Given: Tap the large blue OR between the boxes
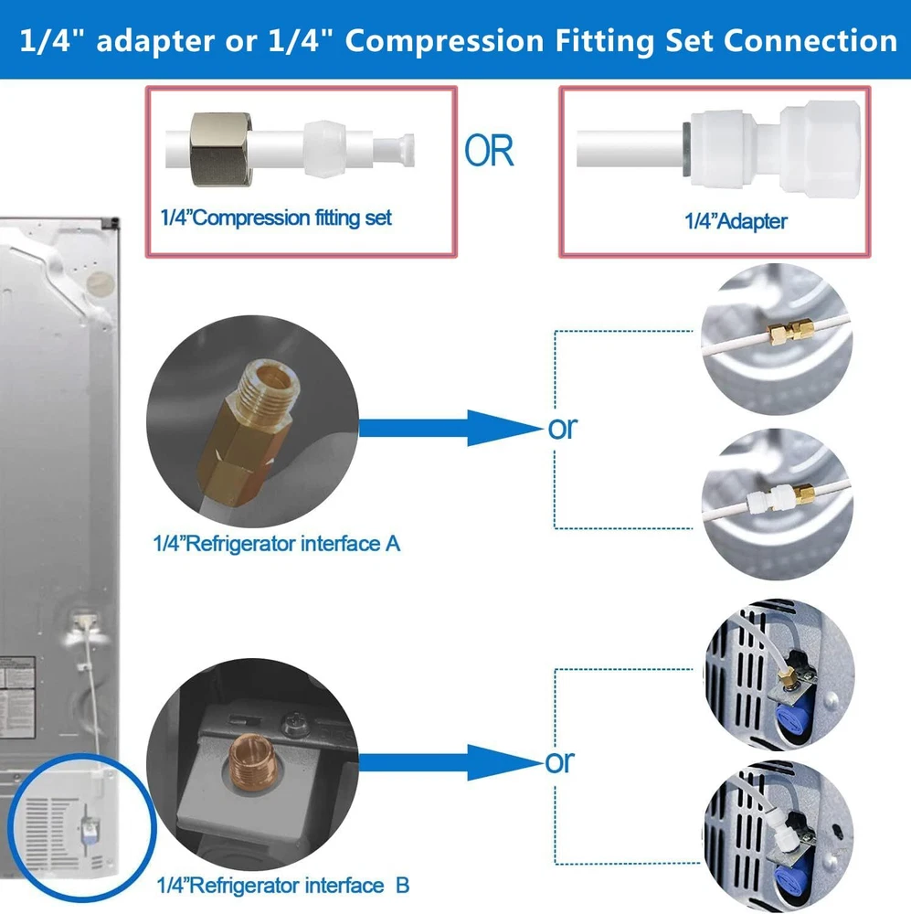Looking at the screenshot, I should point(489,150).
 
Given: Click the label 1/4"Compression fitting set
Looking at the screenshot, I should point(275,218).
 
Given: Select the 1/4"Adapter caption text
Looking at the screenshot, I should point(736,220).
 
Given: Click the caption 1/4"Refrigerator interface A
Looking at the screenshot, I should point(276,544).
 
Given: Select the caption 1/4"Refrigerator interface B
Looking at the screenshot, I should point(281,886).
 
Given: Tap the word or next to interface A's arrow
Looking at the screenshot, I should point(563,428).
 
